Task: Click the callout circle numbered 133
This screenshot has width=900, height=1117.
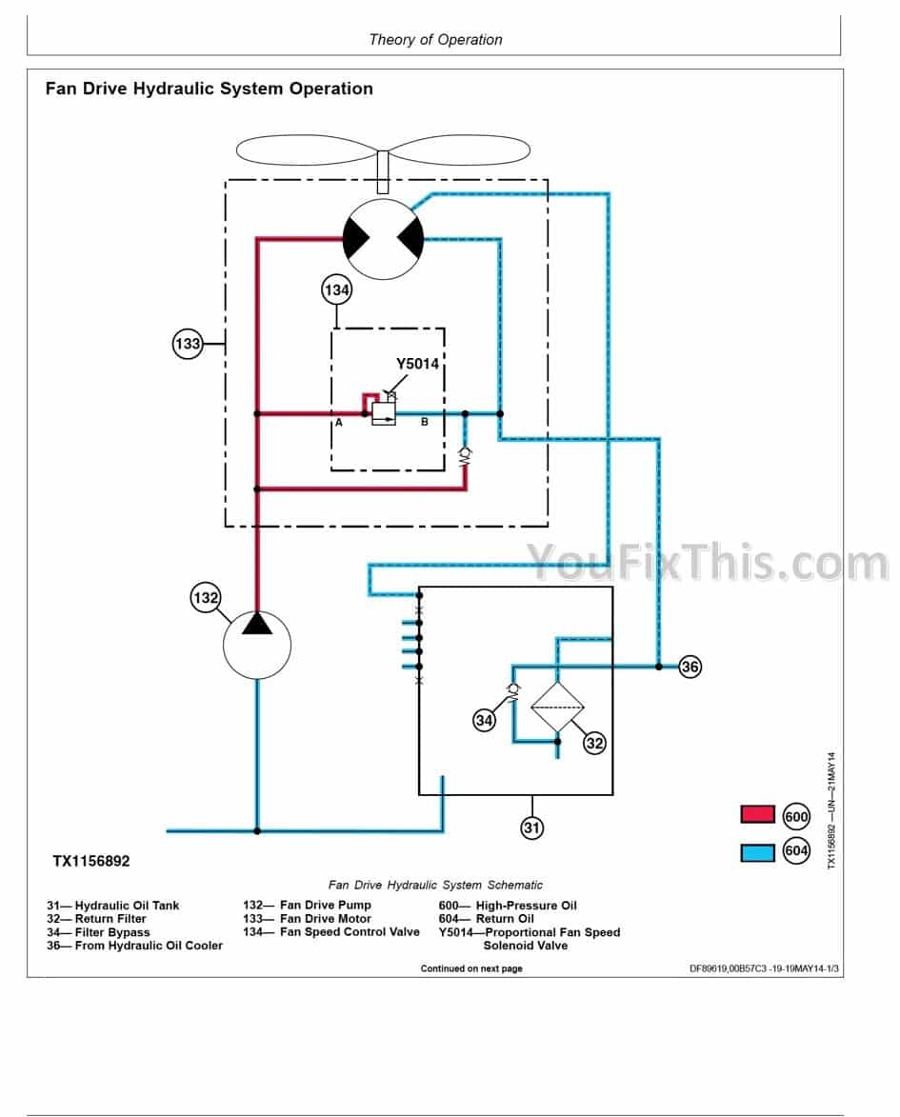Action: click(x=188, y=343)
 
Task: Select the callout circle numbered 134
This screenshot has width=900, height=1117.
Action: click(x=337, y=290)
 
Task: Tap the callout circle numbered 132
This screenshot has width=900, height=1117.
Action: click(x=206, y=598)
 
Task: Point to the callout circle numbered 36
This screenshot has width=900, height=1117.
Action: click(x=690, y=667)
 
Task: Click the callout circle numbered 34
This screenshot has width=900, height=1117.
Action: click(x=485, y=720)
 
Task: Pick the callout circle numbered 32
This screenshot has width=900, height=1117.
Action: click(x=594, y=743)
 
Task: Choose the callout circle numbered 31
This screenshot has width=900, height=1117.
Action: click(x=531, y=828)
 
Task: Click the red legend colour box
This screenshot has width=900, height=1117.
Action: click(x=758, y=815)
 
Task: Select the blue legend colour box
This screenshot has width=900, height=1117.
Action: click(x=758, y=852)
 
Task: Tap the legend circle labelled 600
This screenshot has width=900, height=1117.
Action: click(x=796, y=816)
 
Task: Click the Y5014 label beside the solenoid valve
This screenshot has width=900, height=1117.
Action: click(x=417, y=363)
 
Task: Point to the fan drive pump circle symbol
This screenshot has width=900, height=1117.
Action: click(x=257, y=645)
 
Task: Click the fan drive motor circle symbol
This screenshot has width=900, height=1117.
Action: click(x=383, y=240)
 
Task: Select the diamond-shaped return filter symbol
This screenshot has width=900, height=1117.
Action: click(x=557, y=708)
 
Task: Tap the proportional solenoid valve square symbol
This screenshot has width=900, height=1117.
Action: click(x=383, y=413)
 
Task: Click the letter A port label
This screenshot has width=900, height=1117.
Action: click(x=338, y=423)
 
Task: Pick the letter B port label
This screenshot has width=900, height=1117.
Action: click(x=425, y=423)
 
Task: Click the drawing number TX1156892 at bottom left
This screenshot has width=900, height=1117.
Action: click(x=91, y=861)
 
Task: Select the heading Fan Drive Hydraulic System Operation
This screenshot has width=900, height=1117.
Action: click(x=210, y=89)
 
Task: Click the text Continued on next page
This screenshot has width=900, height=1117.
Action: click(x=471, y=968)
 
